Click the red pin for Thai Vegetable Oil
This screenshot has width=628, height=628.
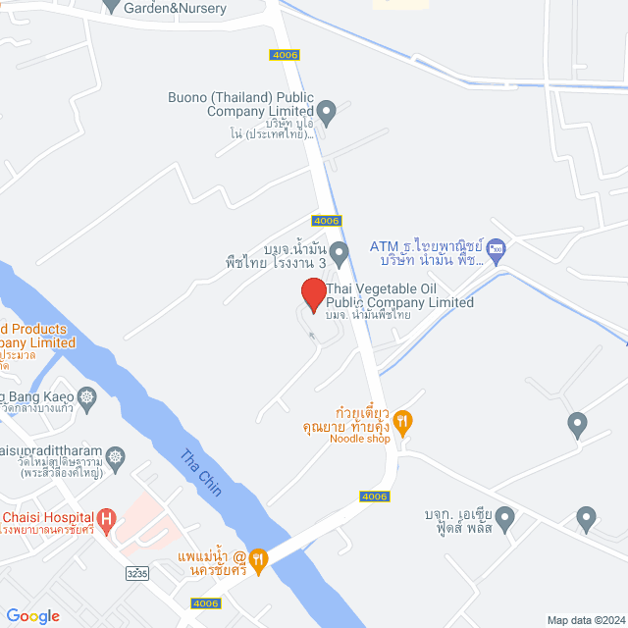pyautogui.click(x=313, y=294)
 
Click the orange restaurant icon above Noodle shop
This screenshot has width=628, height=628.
pyautogui.click(x=402, y=422)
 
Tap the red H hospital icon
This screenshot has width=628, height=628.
pyautogui.click(x=105, y=517)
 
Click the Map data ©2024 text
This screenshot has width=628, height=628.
pyautogui.click(x=585, y=620)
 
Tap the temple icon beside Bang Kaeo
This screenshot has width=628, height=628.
pyautogui.click(x=88, y=397)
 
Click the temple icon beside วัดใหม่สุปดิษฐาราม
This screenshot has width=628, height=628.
pyautogui.click(x=117, y=456)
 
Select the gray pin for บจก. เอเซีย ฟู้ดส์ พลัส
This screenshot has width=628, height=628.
pyautogui.click(x=505, y=517)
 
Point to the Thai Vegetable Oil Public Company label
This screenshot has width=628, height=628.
pyautogui.click(x=398, y=295)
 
